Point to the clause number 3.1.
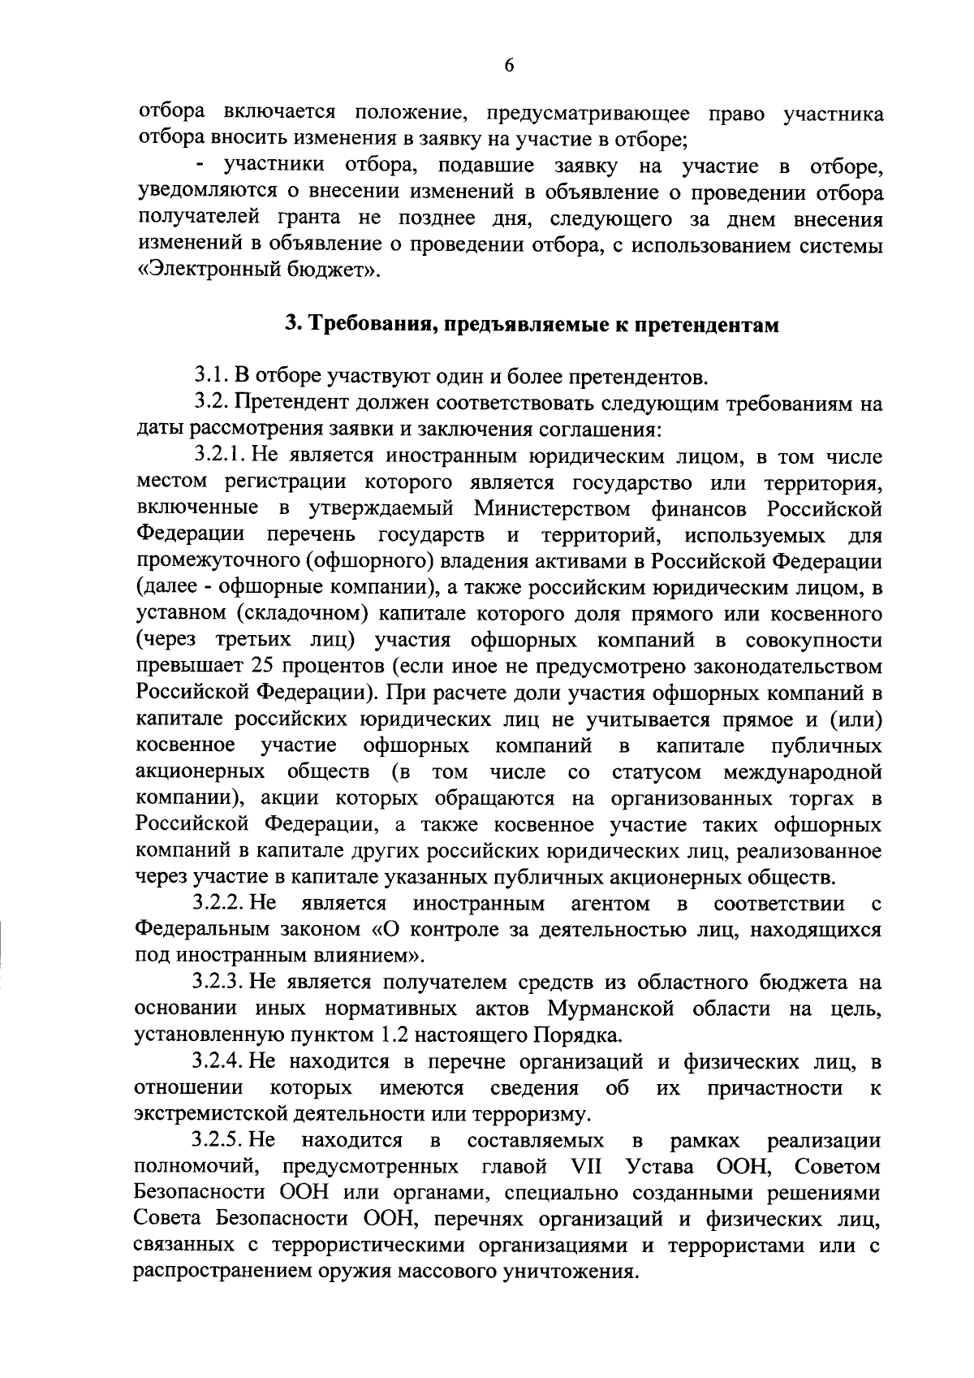tap(211, 377)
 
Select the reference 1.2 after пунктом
tap(394, 1036)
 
